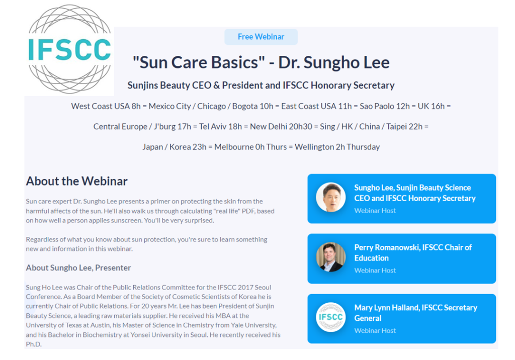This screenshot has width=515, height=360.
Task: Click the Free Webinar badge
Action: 261,37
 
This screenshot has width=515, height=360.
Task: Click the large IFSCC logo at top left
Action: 69,49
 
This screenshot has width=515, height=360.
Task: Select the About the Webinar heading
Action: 76,181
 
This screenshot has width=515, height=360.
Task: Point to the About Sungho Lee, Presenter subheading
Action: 78,267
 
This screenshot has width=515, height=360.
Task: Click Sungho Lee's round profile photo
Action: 331,198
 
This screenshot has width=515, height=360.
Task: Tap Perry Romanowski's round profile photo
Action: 331,257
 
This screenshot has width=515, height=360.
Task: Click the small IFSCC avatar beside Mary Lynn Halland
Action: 331,317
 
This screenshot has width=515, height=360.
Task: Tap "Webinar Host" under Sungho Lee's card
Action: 375,211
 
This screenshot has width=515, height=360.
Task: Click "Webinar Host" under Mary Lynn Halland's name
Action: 375,330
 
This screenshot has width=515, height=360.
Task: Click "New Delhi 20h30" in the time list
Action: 281,127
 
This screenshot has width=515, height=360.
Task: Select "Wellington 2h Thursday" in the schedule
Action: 337,147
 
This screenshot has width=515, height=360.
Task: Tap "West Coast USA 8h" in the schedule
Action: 106,106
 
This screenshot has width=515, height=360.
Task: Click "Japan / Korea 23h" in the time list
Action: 175,147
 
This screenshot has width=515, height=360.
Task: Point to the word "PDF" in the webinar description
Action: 248,211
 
